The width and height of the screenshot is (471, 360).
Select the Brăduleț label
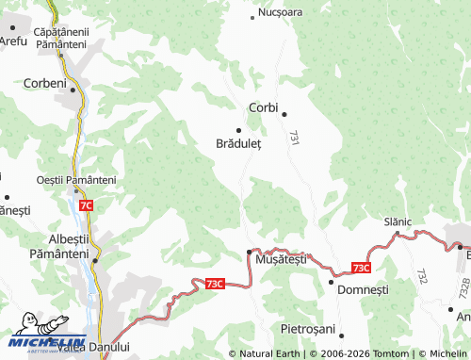pos(238,145)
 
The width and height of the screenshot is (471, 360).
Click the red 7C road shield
pos(86,205)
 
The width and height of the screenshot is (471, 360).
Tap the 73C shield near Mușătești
pos(215,283)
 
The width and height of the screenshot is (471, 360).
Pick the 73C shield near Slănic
pos(362,268)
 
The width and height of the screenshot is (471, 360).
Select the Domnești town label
pos(363,290)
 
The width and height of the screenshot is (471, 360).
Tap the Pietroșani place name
pos(309,330)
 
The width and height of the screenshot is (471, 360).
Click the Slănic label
pos(398,221)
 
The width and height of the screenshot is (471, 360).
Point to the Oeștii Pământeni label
pos(75,180)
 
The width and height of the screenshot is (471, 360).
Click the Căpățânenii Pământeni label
pos(60,39)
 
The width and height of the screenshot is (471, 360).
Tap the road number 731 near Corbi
pos(295,137)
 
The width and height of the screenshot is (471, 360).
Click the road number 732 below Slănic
pos(421,276)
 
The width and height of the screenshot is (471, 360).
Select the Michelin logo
pos(47,344)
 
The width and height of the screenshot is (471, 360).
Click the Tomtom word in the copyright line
pos(397,353)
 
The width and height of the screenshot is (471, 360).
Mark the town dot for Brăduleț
pos(238,130)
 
